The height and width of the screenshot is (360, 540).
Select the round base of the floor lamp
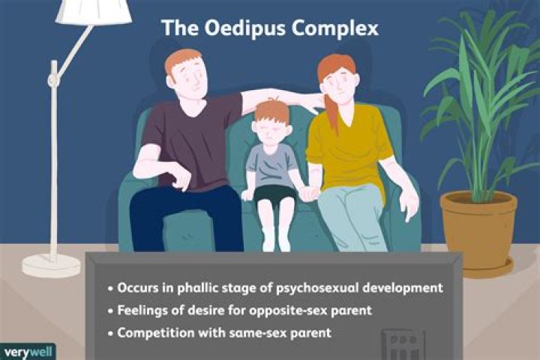[x=51, y=265]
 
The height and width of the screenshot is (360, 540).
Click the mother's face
[x=341, y=82]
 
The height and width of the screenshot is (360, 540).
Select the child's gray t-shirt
[x=272, y=165]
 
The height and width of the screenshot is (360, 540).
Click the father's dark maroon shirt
[x=191, y=139]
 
